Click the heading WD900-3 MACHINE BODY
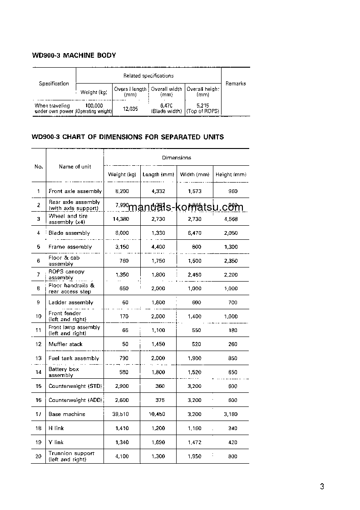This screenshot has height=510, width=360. pos(74,55)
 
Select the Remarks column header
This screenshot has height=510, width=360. pos(235,84)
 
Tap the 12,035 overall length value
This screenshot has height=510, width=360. pos(130,109)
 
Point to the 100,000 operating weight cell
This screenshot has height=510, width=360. pos(94,109)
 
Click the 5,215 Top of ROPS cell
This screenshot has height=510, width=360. pos(203,109)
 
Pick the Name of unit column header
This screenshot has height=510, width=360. pos(75,167)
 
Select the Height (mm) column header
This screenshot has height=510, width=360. pos(231,174)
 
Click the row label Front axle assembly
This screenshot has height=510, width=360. pos(75,191)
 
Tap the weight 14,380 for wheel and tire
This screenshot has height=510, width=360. pos(122,219)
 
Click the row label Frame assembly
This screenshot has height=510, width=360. pos(70,247)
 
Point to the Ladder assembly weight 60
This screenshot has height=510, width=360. pos(125,302)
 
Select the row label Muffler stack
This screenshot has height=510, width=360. pos(66,344)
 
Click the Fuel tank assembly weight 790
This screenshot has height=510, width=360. pos(123,358)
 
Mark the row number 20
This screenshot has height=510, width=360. pos(39,456)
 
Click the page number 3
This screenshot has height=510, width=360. pos(322,487)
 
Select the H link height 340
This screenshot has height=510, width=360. pos(233,428)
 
